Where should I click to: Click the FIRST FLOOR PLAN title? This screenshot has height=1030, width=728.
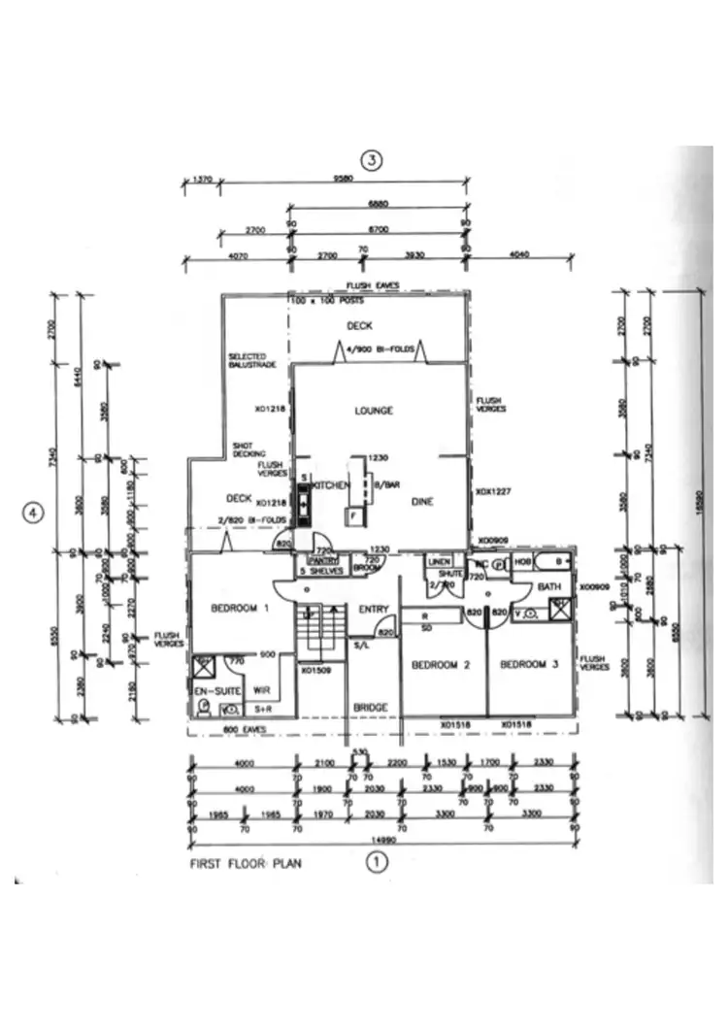[245, 861]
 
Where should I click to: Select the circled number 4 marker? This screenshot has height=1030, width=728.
[34, 512]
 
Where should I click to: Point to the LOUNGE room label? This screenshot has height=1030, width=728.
[374, 412]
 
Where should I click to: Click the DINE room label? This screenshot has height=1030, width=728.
[421, 502]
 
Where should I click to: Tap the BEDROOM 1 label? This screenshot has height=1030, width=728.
[239, 609]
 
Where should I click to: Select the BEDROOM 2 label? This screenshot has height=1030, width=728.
[441, 665]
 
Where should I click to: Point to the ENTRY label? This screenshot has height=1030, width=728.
[374, 610]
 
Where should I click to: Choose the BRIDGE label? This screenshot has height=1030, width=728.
[371, 707]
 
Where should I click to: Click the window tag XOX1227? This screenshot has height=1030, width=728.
[492, 493]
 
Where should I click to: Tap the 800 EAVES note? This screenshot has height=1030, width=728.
[239, 729]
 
